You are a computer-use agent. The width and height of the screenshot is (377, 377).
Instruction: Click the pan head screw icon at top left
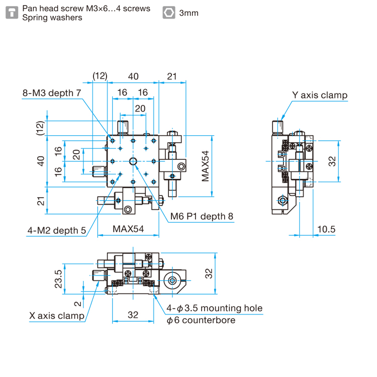pos(12,13)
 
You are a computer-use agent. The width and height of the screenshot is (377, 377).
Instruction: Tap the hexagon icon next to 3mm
pos(169,13)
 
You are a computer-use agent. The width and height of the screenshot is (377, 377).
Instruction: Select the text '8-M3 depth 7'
pos(52,93)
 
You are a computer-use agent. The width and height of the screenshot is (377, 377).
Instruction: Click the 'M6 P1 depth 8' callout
pos(202,216)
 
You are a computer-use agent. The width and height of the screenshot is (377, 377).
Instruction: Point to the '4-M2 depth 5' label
pos(56,231)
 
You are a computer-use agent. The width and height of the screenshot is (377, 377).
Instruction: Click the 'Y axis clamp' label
pos(320,95)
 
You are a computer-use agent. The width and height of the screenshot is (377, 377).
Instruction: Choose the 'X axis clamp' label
pos(57,316)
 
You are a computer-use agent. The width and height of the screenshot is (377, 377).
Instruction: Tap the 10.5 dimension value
pos(326,229)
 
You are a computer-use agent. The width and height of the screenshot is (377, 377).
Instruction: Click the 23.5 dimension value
pos(58,279)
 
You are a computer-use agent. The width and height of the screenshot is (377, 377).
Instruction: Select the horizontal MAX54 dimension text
pos(128,229)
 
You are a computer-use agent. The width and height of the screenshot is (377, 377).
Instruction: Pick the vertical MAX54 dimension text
pos(205,166)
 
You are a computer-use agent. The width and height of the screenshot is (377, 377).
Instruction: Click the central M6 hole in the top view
pos(133,161)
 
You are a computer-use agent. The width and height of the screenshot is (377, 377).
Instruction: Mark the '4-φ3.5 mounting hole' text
pos(215,308)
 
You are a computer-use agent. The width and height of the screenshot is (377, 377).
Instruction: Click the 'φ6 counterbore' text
pos(201,320)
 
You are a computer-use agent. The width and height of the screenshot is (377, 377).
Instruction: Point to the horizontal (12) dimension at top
pos(100,76)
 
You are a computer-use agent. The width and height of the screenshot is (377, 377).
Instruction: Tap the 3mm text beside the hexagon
pos(189,13)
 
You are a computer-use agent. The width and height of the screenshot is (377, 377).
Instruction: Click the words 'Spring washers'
pos(52,18)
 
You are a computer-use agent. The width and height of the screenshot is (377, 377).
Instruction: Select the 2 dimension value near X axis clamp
pos(77,304)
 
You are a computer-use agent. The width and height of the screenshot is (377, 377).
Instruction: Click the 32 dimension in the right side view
pos(332,161)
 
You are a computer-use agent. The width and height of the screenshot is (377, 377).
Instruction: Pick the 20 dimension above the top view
pos(140,109)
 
